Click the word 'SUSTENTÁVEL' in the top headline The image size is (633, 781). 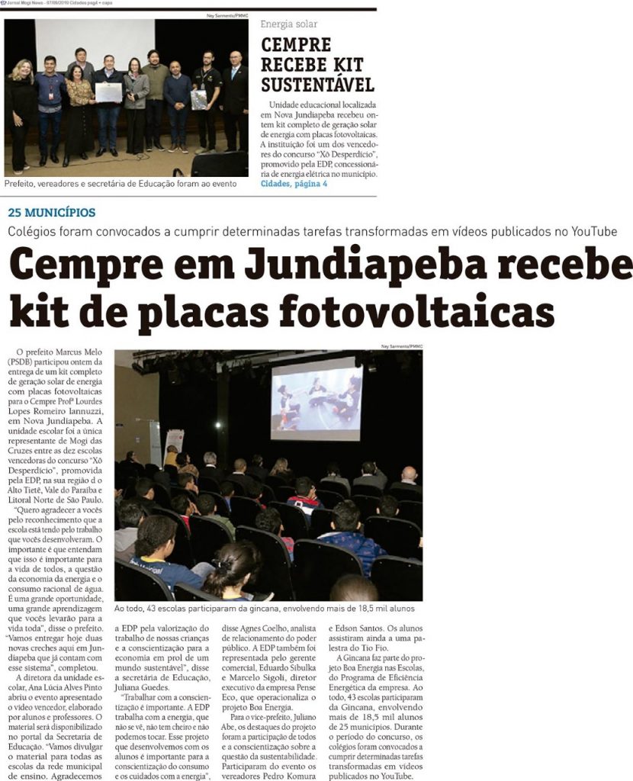pos(317,84)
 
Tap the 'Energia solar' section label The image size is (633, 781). pos(289,24)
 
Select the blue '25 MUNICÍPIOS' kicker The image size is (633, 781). pos(52,212)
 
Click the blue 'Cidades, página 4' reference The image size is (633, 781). pos(294,184)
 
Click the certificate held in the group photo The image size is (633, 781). pos(108,93)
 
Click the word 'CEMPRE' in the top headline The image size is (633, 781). pos(296,45)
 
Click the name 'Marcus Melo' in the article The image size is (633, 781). pos(80,350)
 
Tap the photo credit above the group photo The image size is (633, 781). pos(227,15)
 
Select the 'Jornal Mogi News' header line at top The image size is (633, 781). pos(57,4)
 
